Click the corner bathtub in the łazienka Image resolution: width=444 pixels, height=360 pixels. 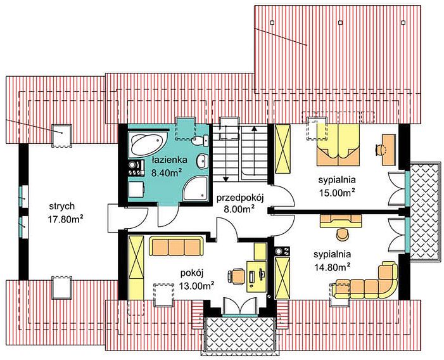[146, 144]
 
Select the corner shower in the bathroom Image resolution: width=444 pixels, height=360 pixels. [195, 188]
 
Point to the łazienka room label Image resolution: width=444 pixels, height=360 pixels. [169, 160]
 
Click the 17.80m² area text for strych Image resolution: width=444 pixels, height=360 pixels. [65, 219]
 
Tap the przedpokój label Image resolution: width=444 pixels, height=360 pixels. [240, 198]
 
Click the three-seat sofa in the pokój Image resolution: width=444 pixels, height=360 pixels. [176, 246]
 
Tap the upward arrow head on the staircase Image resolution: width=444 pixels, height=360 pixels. [254, 128]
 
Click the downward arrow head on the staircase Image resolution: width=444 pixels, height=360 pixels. [225, 179]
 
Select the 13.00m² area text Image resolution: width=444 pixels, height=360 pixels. [196, 285]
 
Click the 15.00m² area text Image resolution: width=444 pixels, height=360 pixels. [337, 193]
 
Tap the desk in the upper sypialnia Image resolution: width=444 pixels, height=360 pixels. [389, 150]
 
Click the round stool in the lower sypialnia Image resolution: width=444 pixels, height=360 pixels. [343, 235]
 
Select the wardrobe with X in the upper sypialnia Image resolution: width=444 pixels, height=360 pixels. [283, 148]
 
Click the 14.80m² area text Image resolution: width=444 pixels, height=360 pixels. [333, 267]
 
